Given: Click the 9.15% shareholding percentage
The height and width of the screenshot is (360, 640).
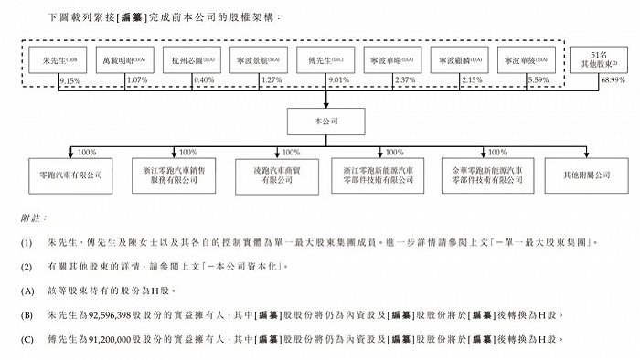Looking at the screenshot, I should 69,81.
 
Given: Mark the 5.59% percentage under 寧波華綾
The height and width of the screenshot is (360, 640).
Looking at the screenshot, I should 539,81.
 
